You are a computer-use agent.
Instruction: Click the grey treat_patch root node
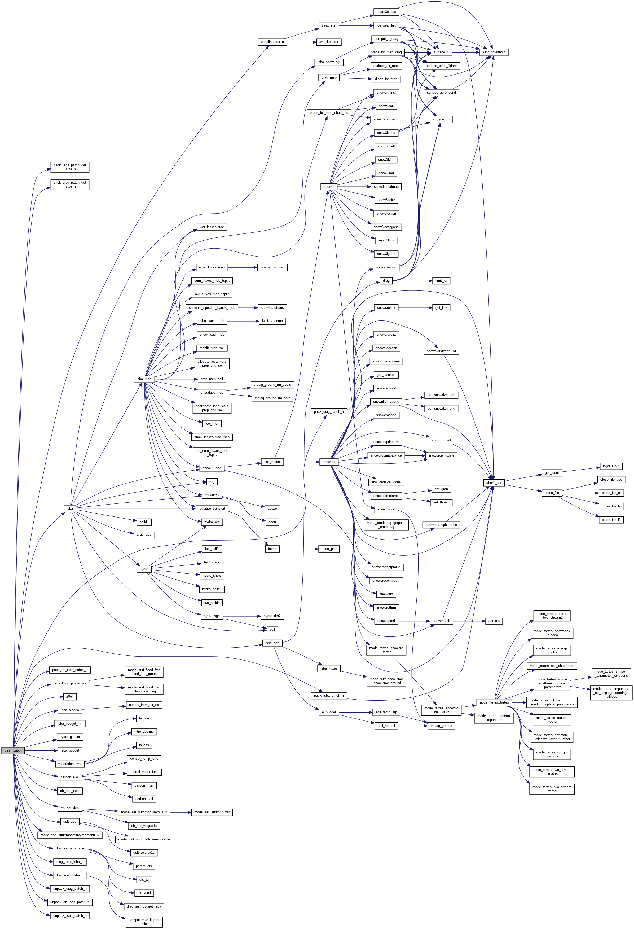(x=13, y=750)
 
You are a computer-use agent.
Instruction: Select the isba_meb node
(x=144, y=379)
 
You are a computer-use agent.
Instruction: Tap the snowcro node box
(x=329, y=462)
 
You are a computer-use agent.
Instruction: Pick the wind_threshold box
(x=494, y=52)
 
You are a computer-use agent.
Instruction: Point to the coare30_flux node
(x=386, y=12)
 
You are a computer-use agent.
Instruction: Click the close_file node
(x=551, y=493)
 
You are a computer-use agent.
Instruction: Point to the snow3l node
(x=329, y=187)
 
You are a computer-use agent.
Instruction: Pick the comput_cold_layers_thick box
(x=144, y=922)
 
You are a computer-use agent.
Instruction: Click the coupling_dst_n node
(x=272, y=42)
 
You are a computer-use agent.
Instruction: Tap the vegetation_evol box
(x=69, y=764)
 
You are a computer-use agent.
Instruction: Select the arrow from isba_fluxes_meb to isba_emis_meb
(x=242, y=267)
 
